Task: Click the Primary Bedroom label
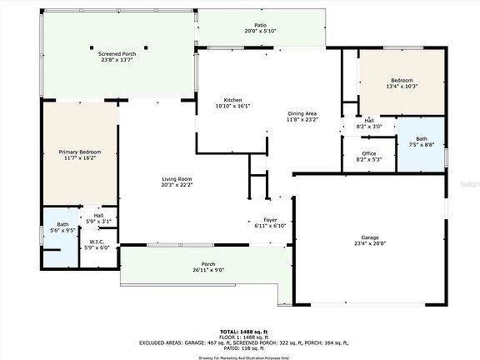click(x=80, y=152)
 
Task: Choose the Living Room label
click(x=177, y=179)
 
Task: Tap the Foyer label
click(x=271, y=221)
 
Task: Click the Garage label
click(x=368, y=237)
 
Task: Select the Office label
click(x=369, y=153)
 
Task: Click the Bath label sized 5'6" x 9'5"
click(x=62, y=224)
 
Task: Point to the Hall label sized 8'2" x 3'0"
click(x=368, y=120)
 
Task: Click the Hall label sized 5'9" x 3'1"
click(x=98, y=215)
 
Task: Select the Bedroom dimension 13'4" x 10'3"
click(x=401, y=86)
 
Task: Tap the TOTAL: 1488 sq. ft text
click(x=240, y=331)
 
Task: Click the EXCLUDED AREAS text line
click(x=240, y=342)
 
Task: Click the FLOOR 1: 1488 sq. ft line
click(x=240, y=336)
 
